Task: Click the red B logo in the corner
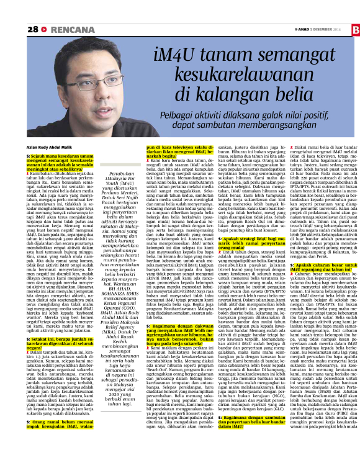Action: [354, 30]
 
